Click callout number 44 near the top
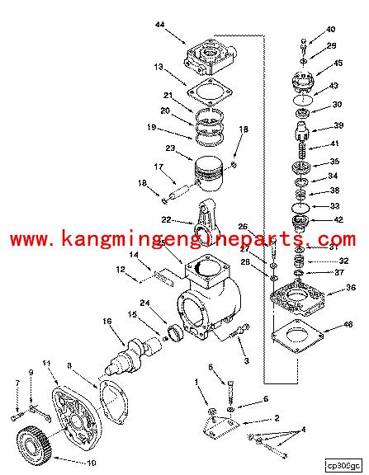(158, 26)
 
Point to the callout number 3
(245, 360)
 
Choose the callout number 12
(121, 270)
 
